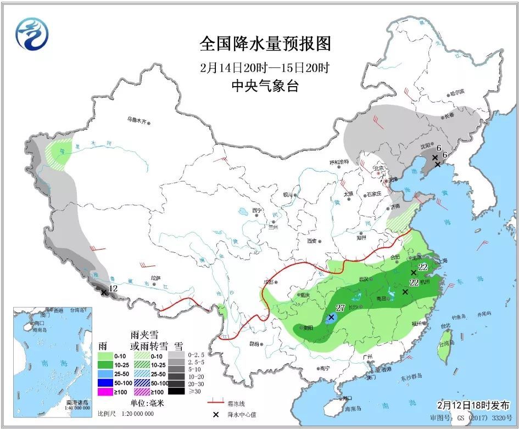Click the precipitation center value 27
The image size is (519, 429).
pos(340,308)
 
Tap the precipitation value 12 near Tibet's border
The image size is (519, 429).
pos(114,288)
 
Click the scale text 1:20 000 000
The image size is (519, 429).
pos(133,413)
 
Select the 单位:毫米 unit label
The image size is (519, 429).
pos(147,403)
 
